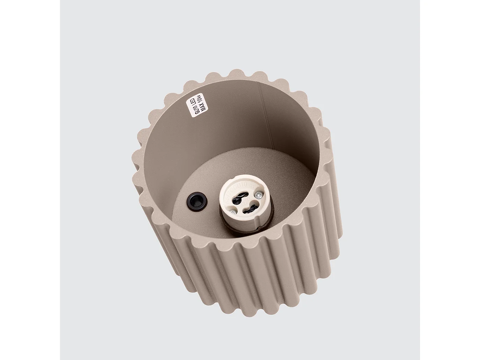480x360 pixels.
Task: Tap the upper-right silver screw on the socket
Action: (x=259, y=195)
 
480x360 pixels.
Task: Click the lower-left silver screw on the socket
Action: (x=233, y=213)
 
